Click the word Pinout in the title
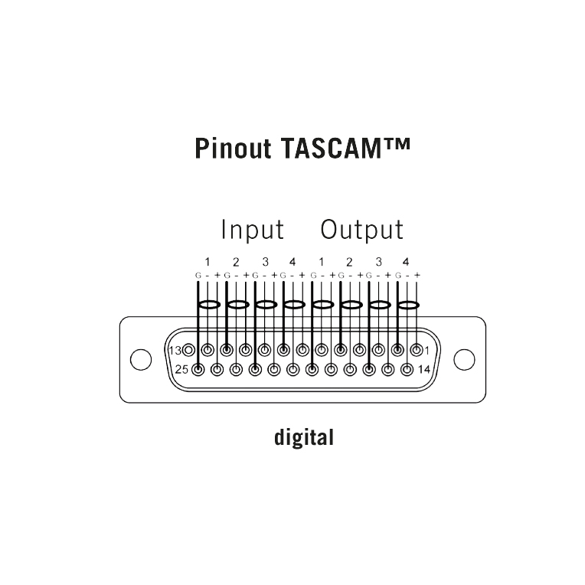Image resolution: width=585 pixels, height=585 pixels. click(233, 149)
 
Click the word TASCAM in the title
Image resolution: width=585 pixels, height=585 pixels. click(332, 148)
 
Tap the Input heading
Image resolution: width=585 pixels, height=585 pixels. click(253, 230)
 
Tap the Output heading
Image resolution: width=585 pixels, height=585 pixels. click(362, 230)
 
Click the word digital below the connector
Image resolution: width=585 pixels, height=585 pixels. click(304, 437)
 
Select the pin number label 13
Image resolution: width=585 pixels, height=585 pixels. click(175, 351)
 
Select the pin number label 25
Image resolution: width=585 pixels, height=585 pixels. click(181, 369)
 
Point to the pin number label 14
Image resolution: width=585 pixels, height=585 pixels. click(424, 369)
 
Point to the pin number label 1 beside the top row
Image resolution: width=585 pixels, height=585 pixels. click(426, 351)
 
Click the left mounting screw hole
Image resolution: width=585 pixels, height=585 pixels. click(141, 360)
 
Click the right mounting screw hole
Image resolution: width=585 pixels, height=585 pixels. click(464, 360)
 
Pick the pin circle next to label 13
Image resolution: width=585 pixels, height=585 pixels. click(189, 351)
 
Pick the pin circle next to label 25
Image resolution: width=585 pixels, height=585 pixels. click(198, 370)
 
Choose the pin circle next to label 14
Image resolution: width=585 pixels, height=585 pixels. click(407, 370)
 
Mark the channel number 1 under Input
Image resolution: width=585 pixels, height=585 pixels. click(208, 262)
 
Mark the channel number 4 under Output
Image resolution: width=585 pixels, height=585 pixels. click(406, 262)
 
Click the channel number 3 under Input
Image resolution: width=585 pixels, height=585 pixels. click(265, 262)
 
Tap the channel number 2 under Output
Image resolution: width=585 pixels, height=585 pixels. click(349, 262)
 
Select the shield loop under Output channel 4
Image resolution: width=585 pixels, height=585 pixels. click(407, 302)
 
